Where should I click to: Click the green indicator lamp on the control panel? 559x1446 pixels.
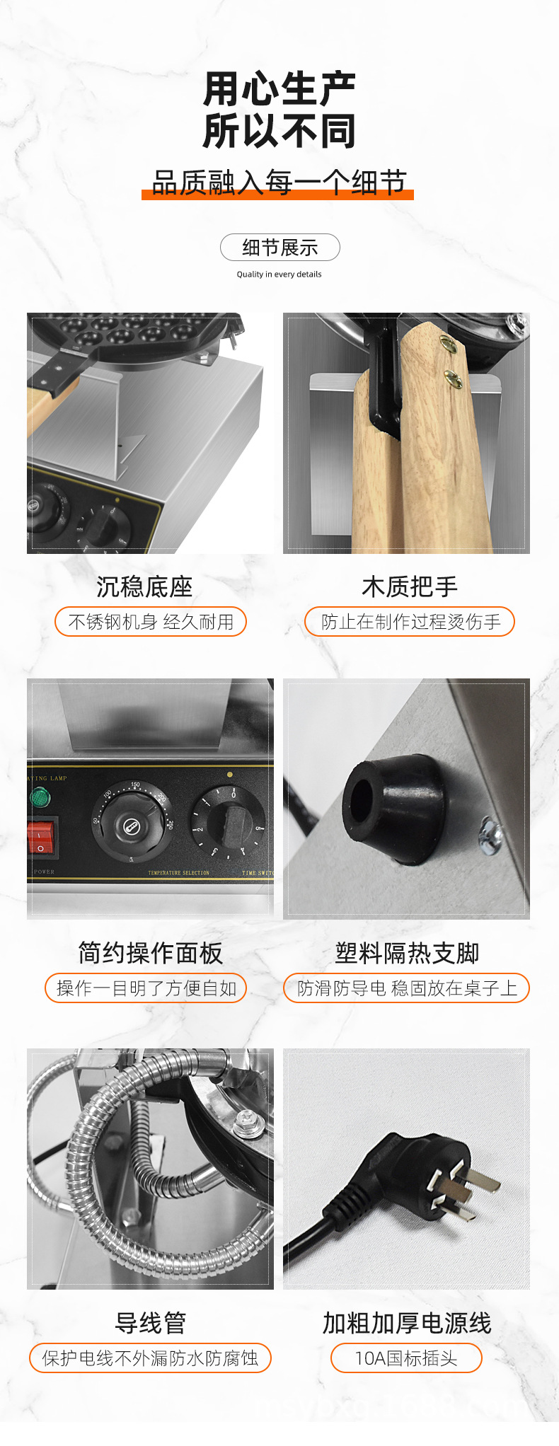40,799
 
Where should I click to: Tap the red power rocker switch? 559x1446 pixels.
41,838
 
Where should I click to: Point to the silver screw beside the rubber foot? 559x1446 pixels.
490,834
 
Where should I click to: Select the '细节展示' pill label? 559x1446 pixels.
279,248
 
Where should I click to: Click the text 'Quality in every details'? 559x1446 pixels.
279,274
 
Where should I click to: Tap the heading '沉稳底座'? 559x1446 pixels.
144,586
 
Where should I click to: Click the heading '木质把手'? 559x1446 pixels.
409,586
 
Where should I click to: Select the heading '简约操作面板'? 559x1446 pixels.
150,953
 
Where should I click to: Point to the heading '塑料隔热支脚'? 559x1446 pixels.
407,953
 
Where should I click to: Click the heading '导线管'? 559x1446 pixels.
150,1322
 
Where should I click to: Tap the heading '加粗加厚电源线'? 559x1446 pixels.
407,1322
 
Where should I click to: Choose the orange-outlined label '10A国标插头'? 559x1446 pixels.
406,1358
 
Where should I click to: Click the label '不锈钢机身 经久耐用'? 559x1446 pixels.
151,622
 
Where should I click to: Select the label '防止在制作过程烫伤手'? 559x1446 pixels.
410,622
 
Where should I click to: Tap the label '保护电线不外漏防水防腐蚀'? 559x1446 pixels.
150,1358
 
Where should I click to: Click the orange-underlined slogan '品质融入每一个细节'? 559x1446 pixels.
279,183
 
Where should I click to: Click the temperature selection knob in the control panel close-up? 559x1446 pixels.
131,822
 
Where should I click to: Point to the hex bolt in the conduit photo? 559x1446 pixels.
245,1120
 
